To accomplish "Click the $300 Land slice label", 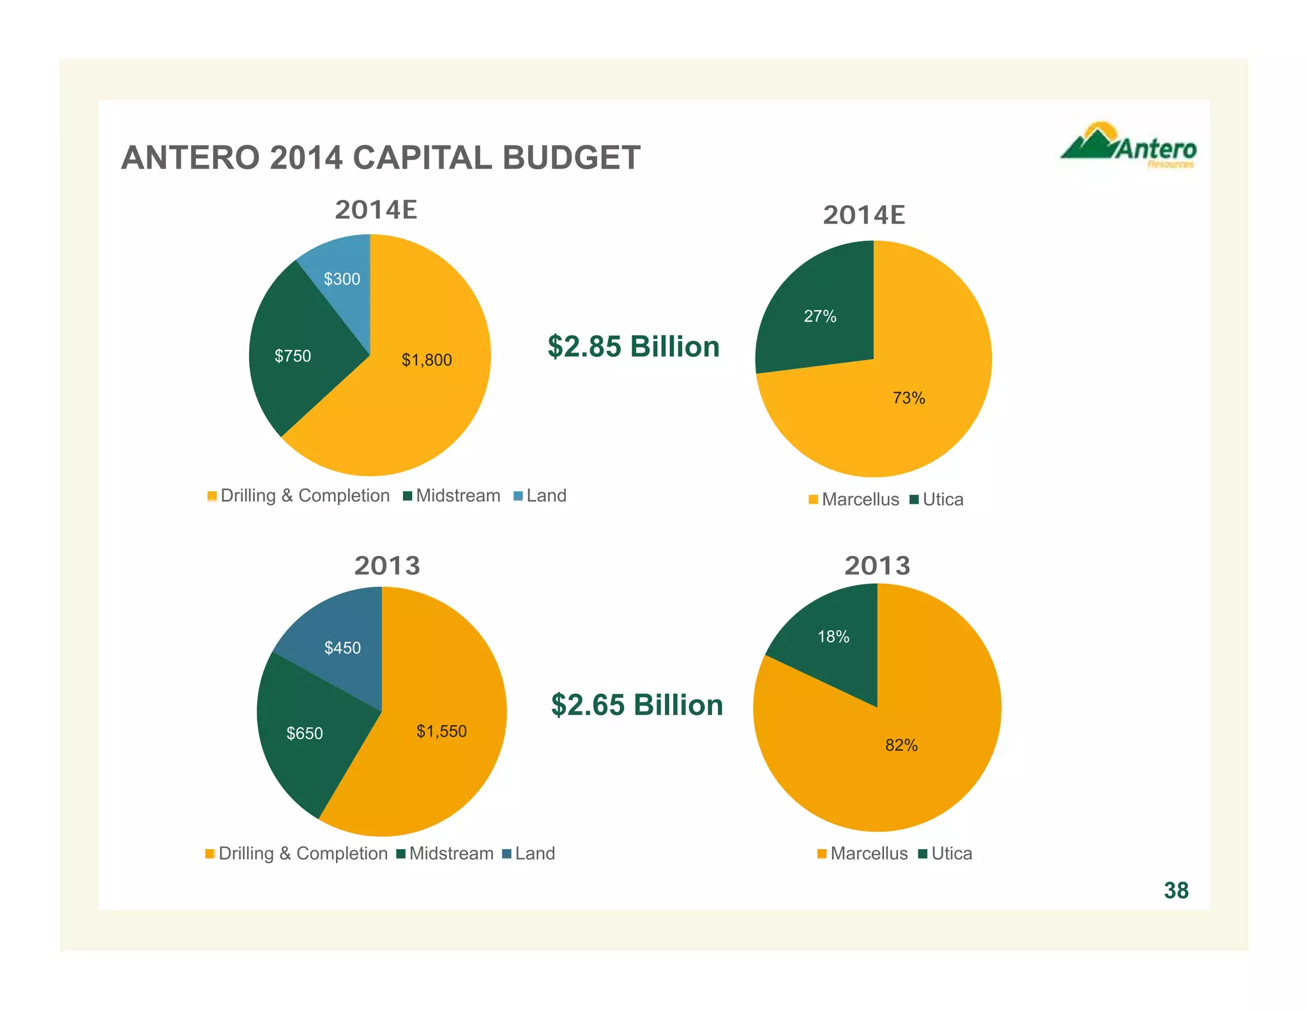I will (342, 279).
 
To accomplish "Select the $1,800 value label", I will (427, 360).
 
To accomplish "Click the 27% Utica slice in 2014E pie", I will (820, 316).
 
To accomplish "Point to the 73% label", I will (909, 398).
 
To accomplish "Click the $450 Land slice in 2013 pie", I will (342, 648).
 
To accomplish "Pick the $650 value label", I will (305, 733).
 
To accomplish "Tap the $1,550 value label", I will (441, 731).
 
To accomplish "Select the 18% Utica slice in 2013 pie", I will (833, 637).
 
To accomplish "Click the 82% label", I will (901, 745).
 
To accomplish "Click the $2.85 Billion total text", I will (634, 347).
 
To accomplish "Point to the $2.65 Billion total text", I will (637, 705).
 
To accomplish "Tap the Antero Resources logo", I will (1129, 147).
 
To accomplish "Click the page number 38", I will (1176, 891).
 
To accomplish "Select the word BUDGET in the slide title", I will (571, 158).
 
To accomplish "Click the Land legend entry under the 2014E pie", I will (540, 496).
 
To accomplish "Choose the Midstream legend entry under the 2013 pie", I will (445, 854).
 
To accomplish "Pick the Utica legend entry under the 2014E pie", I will (937, 499).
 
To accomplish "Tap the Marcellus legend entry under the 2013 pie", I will (863, 854).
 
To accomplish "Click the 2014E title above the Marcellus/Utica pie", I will (863, 215).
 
